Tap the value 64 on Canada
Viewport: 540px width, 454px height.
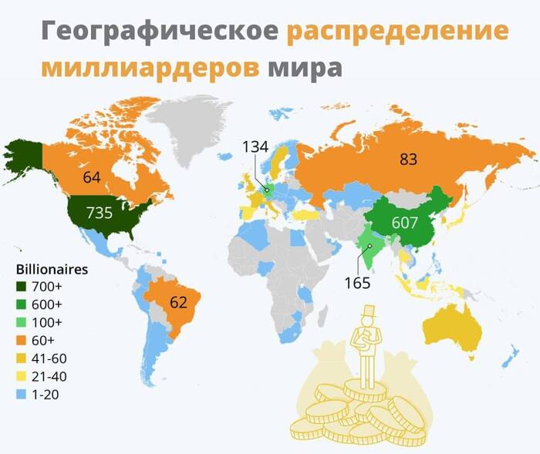pos(92,177)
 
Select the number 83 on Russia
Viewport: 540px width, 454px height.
pos(408,160)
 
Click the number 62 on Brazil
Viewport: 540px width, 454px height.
pos(178,301)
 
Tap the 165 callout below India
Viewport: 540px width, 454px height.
pos(357,282)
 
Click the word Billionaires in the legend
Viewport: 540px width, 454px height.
pos(52,270)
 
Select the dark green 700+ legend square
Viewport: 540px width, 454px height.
pos(22,287)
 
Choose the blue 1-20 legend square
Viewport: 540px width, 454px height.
pos(22,395)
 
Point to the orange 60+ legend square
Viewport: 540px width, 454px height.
pos(22,341)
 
